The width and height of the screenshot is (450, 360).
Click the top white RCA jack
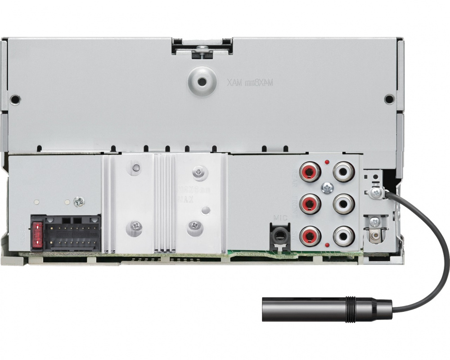[343, 171]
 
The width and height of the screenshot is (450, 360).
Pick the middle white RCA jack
[343, 203]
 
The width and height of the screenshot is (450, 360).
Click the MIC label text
[280, 218]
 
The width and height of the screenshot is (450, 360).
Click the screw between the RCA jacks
[327, 188]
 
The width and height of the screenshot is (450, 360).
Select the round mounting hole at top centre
[202, 81]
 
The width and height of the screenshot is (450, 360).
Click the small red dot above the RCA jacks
[327, 162]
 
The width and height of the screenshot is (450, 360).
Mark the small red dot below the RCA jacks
[327, 244]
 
